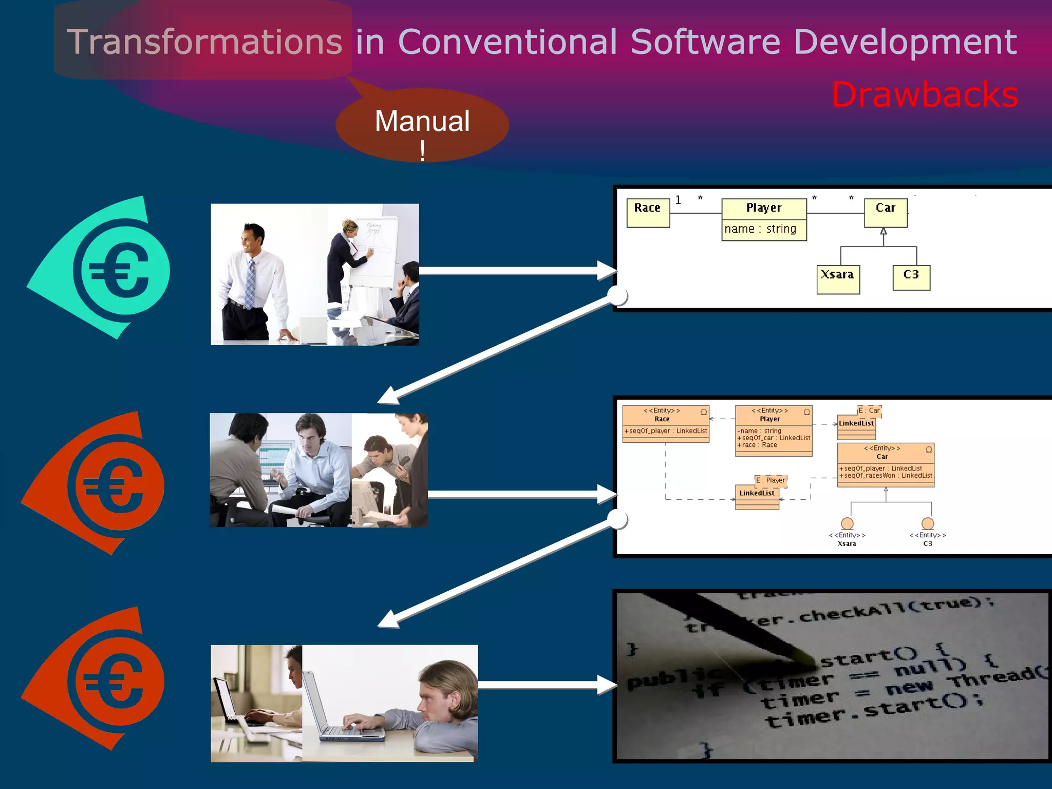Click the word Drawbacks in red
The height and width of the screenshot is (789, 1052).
click(x=925, y=95)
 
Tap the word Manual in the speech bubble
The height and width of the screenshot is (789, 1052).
click(x=422, y=121)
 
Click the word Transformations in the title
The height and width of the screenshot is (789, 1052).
click(x=204, y=42)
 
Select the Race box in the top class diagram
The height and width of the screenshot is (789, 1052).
click(x=648, y=212)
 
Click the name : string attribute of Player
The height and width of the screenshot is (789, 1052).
click(x=761, y=229)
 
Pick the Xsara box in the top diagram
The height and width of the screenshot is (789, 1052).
click(x=838, y=278)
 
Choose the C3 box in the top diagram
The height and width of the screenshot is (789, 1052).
click(x=911, y=277)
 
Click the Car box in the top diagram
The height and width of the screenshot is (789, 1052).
click(x=886, y=212)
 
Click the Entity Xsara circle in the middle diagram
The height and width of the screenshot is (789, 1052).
click(x=847, y=523)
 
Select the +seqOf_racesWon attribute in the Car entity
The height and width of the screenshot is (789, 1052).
click(x=885, y=476)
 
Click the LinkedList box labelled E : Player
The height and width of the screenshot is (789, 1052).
click(x=757, y=496)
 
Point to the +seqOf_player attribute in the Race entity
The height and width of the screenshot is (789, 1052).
click(x=666, y=431)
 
